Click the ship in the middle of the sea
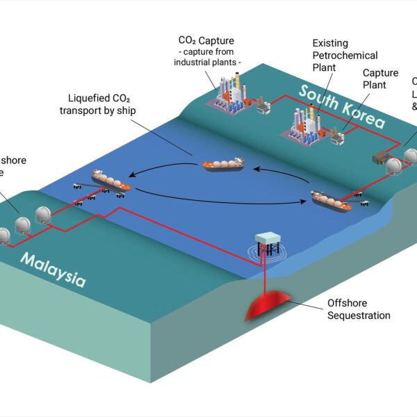[222, 164]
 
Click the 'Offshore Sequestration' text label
[359, 309]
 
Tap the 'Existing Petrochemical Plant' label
[345, 55]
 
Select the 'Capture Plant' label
[380, 79]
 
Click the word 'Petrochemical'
[345, 55]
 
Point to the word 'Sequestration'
[359, 315]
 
